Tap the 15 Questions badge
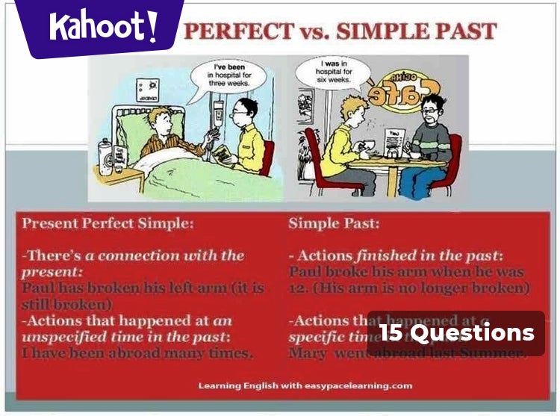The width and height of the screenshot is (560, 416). click(x=456, y=332)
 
